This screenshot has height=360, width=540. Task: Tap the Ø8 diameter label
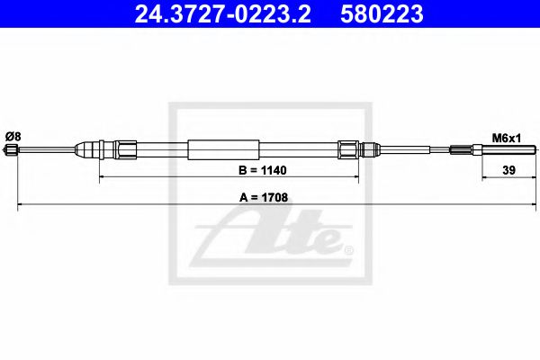(x=13, y=136)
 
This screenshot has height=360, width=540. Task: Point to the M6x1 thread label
(x=503, y=137)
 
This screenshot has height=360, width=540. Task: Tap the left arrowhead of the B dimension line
(x=101, y=176)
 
